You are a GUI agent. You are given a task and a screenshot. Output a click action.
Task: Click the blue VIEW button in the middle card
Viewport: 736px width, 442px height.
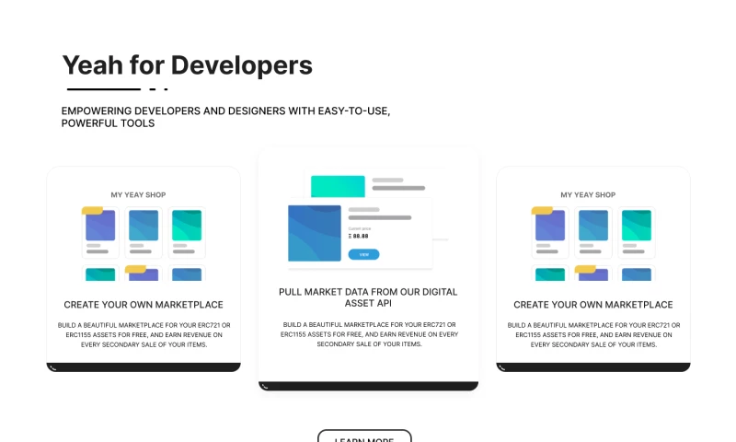363,253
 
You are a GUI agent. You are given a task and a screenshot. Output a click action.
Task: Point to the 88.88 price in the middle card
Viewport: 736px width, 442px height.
361,236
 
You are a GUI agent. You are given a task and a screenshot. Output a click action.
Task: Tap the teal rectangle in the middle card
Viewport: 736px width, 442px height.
338,186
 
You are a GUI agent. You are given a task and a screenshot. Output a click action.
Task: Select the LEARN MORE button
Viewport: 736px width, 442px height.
364,437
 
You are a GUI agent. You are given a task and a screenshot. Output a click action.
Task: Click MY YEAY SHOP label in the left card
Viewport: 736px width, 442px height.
144,194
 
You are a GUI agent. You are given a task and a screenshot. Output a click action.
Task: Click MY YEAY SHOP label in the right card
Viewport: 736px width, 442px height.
593,194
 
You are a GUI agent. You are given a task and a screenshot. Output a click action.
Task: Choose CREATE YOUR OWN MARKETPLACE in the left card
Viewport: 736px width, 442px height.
144,304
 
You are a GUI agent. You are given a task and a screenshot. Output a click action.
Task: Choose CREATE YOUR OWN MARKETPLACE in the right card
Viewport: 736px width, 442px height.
593,304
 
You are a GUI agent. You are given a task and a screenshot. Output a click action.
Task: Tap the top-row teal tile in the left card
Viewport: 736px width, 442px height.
187,225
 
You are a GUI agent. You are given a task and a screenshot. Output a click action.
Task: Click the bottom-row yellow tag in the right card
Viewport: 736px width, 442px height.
585,269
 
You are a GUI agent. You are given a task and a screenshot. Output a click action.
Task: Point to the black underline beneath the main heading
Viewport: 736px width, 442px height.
103,89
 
